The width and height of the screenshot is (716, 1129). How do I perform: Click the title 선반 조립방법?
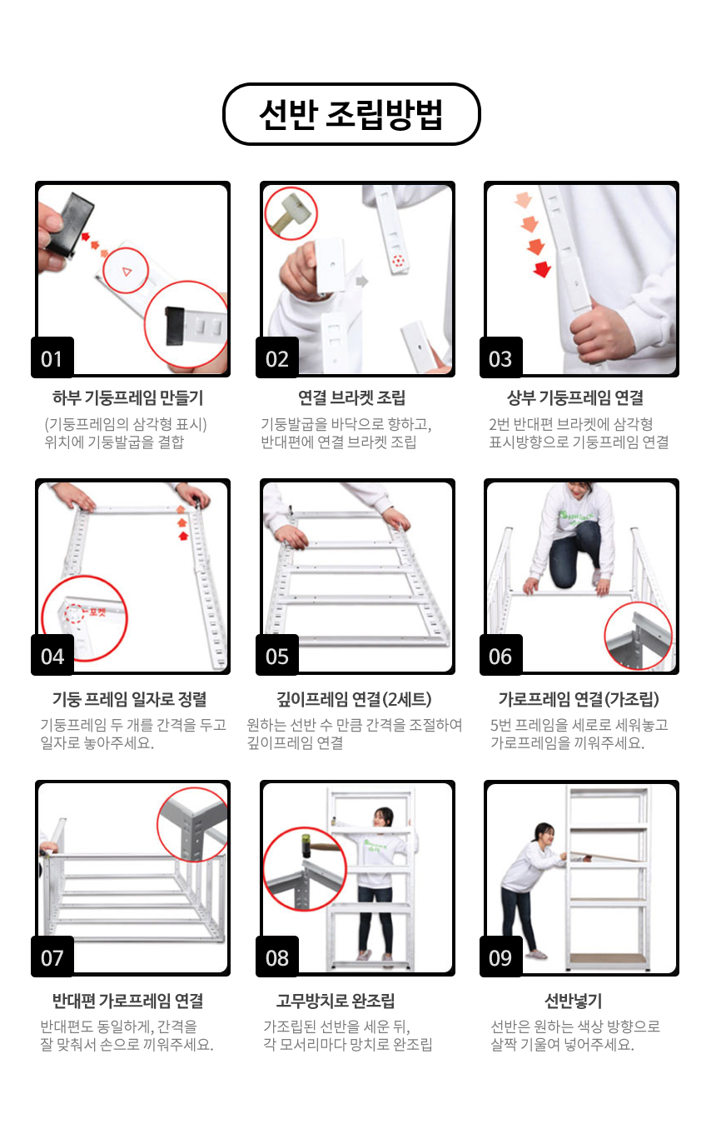[351, 114]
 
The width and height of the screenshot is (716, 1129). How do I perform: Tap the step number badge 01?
[52, 357]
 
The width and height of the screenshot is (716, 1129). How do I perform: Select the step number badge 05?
[277, 655]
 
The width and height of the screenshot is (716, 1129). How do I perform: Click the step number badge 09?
[500, 957]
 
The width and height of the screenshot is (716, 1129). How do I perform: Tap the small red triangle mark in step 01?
[127, 272]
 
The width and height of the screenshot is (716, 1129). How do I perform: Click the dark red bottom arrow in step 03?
[542, 269]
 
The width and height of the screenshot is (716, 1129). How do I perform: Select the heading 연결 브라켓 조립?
[351, 397]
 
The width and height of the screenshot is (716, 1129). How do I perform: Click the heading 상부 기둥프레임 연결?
[575, 397]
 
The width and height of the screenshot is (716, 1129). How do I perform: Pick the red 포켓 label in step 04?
[97, 612]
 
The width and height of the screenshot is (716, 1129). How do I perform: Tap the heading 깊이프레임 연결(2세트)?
[354, 699]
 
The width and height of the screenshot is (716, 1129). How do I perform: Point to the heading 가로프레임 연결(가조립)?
[579, 699]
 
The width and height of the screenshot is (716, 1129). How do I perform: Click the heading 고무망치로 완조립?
[336, 1001]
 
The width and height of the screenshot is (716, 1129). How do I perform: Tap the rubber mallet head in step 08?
[305, 845]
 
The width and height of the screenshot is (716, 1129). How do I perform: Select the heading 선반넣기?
[574, 1001]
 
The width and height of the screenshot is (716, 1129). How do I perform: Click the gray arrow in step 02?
[362, 281]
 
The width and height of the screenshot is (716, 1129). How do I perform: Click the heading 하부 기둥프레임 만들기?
[128, 397]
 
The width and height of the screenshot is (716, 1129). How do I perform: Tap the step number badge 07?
[52, 957]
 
